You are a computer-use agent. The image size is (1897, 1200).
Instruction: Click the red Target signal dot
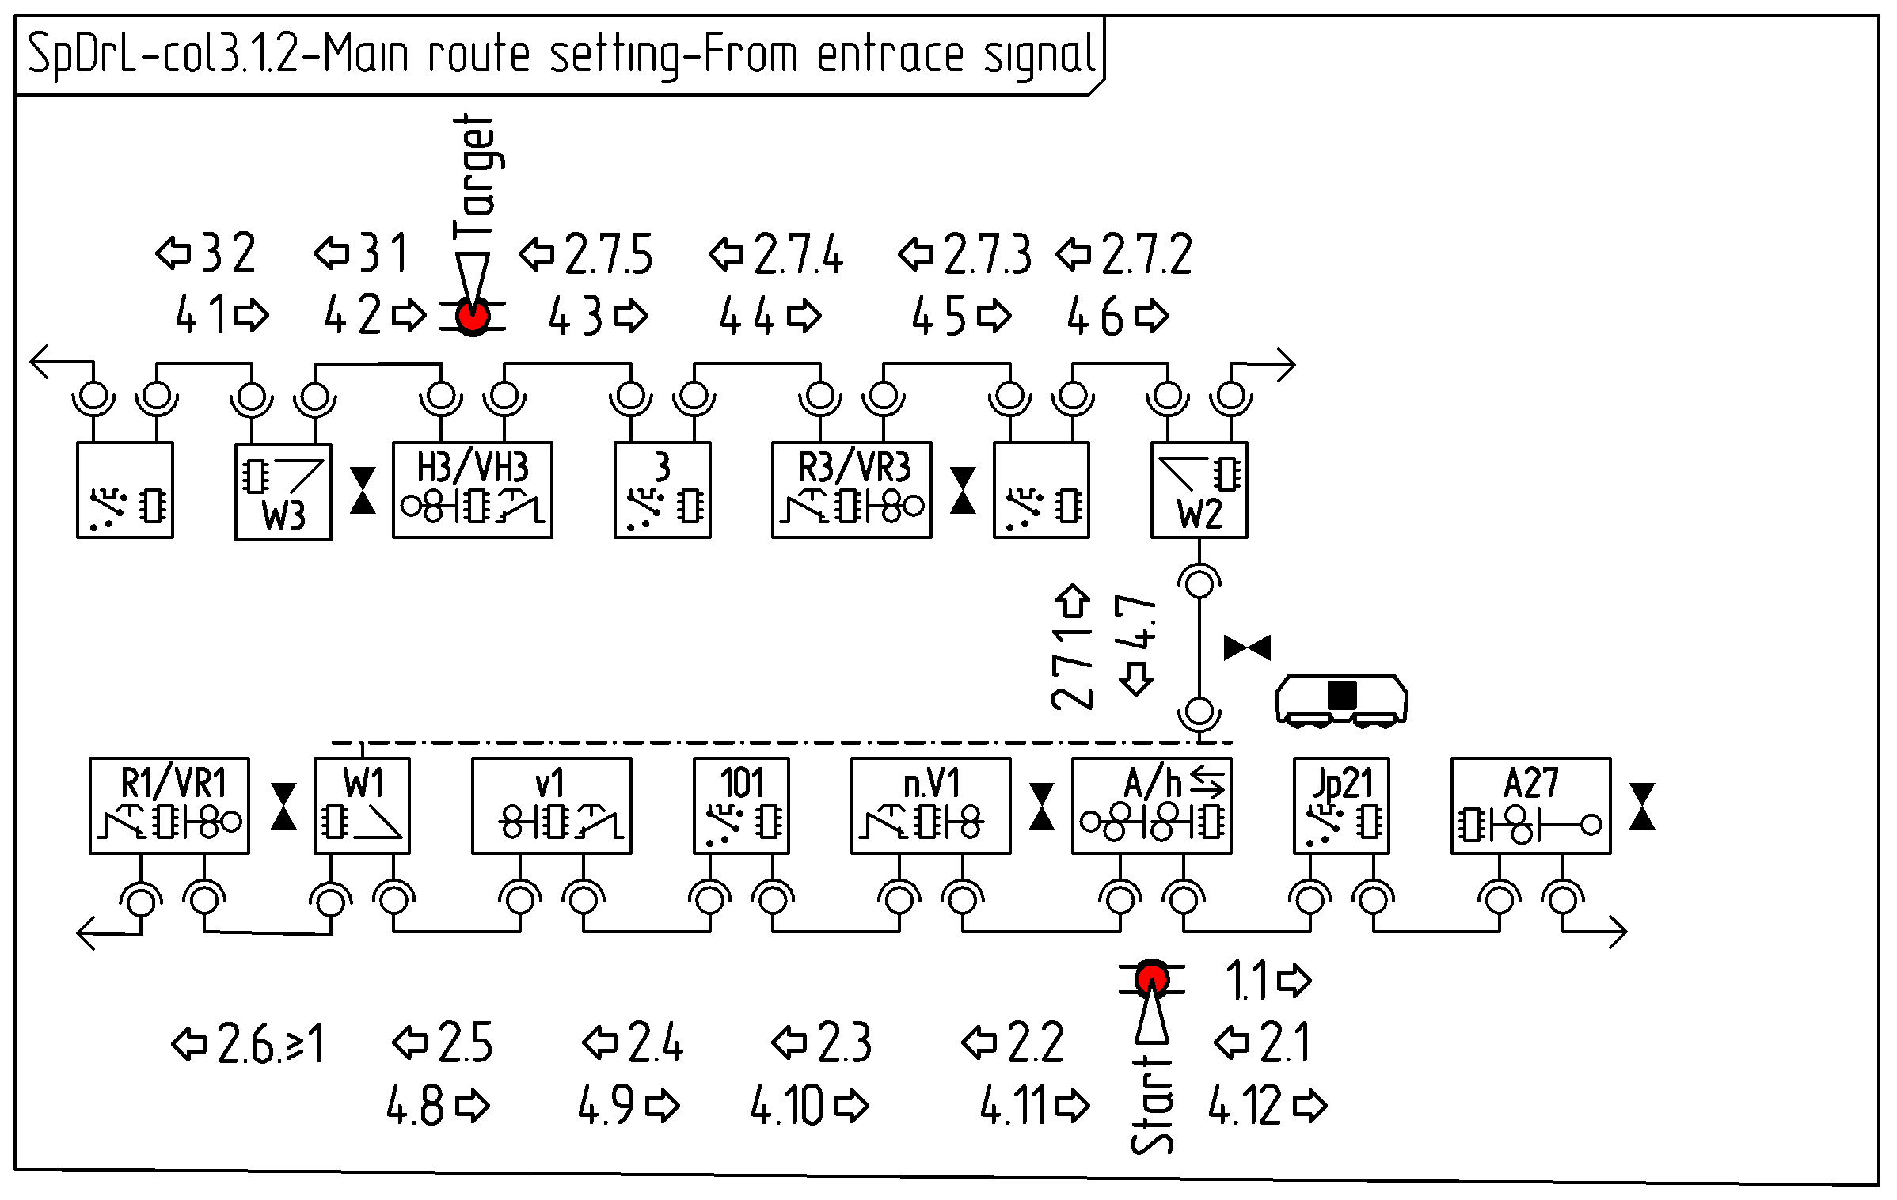(473, 317)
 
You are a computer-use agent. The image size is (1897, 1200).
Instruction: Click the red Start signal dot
(1151, 979)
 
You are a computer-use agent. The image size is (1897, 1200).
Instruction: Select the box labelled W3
(283, 492)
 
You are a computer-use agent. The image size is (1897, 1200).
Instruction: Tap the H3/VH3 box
(473, 490)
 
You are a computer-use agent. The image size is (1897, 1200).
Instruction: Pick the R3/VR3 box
(851, 490)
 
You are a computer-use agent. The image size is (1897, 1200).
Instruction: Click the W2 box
(1199, 490)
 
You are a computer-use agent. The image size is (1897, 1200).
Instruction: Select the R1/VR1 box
(169, 805)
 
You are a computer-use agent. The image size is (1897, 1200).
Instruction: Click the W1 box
(362, 805)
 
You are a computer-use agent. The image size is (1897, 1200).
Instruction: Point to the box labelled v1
(551, 805)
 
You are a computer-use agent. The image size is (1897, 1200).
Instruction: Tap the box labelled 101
(741, 805)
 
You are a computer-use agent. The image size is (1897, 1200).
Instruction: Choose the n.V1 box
(930, 805)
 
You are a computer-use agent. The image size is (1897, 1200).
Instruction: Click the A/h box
(1151, 805)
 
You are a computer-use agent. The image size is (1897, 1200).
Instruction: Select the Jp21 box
(1341, 805)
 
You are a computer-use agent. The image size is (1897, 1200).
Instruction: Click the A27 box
(1530, 805)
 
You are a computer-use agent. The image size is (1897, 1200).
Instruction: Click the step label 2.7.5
(608, 255)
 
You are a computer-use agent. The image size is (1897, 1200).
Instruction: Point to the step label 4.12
(1245, 1106)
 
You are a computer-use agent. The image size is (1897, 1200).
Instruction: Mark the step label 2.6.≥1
(269, 1043)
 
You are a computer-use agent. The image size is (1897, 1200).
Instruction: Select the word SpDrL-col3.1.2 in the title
(162, 55)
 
